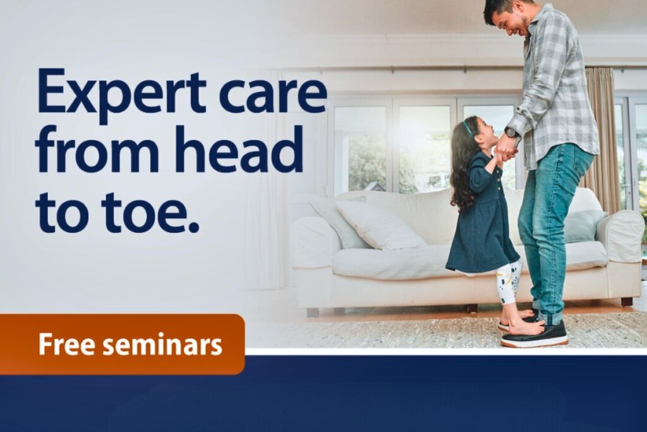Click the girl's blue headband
(468, 128)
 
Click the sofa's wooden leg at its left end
(312, 312)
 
